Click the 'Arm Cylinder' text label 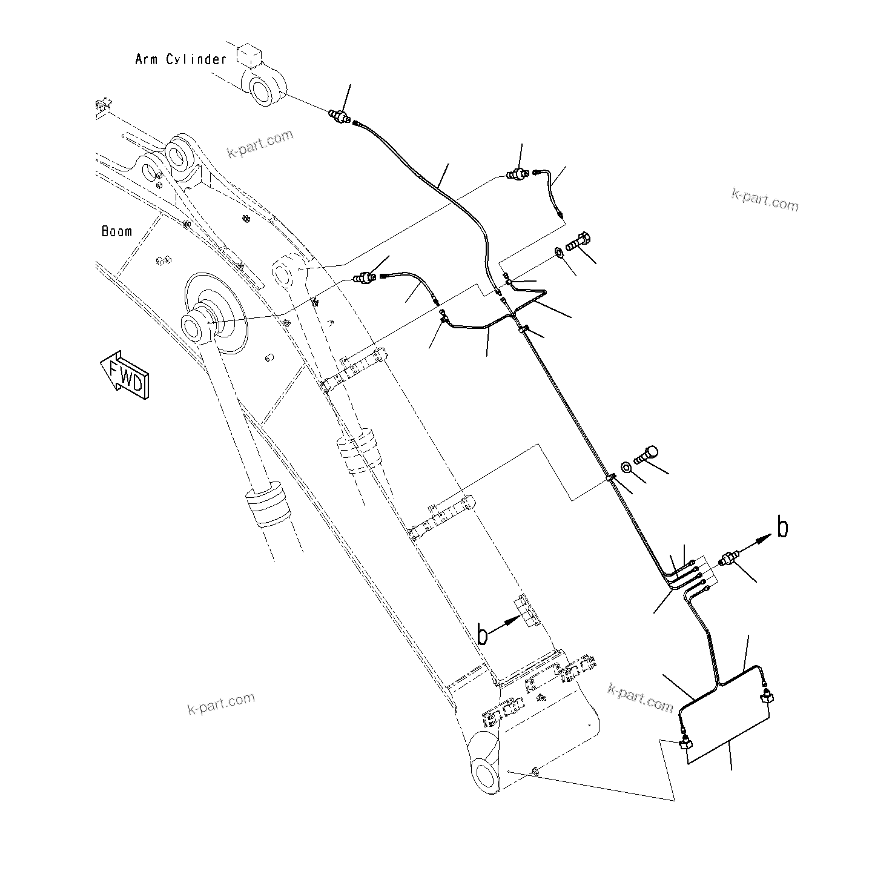point(180,59)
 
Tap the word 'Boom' point(117,231)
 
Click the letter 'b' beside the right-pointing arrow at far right point(782,528)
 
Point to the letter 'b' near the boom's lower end point(483,635)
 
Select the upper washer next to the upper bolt point(557,253)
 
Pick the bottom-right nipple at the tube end point(767,696)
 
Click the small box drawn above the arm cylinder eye point(249,56)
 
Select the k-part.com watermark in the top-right point(765,199)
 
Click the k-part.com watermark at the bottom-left point(221,703)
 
